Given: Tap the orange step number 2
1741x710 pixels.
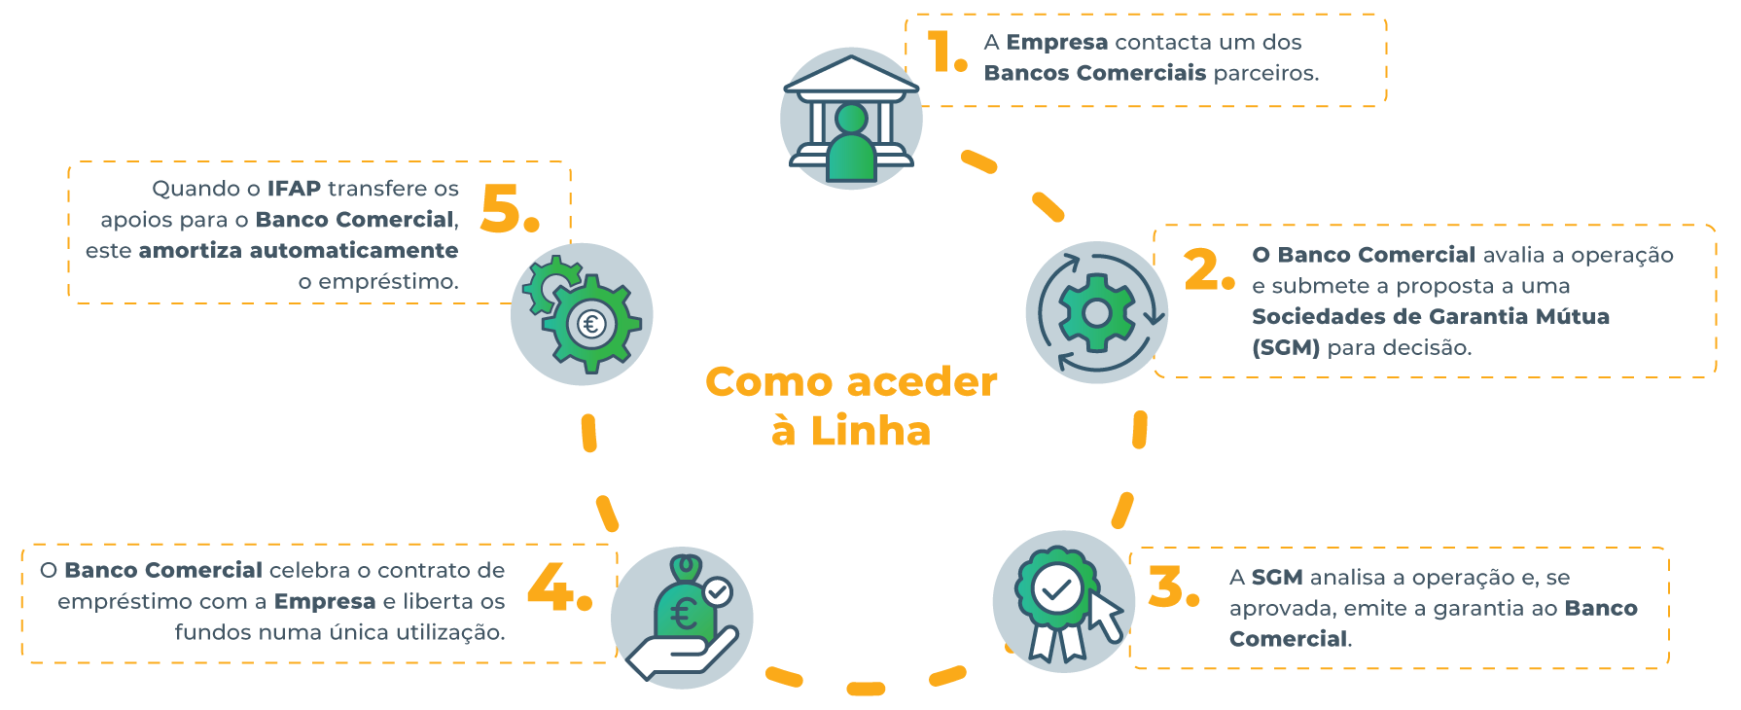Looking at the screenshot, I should pos(1208,269).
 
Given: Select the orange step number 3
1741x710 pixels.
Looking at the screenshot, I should pos(1172,587).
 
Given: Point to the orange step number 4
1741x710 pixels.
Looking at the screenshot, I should pos(557,588).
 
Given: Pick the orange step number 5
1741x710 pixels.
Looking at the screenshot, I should pos(508,209).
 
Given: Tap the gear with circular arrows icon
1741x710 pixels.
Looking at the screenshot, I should pos(1096,312).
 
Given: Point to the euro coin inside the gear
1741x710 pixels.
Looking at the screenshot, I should pos(591,323).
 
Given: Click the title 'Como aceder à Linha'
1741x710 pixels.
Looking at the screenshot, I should pos(851,407).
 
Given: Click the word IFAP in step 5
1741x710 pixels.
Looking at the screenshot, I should pos(294,189).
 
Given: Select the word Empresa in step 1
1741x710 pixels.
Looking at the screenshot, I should pos(1056,43).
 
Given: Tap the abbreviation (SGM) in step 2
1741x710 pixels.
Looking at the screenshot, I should pos(1285,348).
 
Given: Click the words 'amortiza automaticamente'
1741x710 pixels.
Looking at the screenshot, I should pos(298,251).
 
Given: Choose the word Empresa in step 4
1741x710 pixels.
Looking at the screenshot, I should pos(324,602).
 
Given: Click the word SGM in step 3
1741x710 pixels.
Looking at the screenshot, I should pos(1276,578).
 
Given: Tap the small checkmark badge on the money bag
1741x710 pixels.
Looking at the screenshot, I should pos(718,590).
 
